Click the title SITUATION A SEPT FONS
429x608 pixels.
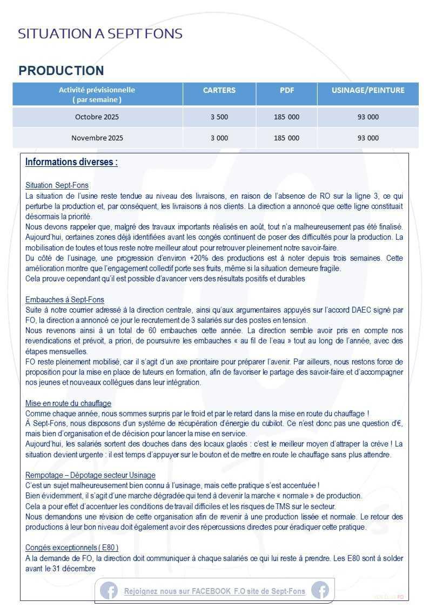100,34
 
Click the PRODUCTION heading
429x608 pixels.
61,71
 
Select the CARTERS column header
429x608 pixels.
219,91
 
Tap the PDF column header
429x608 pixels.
286,91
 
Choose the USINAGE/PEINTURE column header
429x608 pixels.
368,91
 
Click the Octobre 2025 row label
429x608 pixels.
97,117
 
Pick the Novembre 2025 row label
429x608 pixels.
97,138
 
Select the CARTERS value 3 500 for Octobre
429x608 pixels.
219,117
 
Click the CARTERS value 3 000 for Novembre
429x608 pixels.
219,138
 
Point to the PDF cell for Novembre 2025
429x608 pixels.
286,138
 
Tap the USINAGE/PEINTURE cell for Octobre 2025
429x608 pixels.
368,117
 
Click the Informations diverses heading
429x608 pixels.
71,162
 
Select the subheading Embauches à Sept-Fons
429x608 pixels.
65,300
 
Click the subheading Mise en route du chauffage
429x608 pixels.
69,403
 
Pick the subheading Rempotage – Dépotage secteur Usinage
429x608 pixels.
90,475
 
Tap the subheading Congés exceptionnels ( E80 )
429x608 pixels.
72,548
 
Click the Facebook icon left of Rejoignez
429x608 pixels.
109,591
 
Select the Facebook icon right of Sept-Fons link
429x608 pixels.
320,591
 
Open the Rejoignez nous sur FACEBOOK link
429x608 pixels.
215,591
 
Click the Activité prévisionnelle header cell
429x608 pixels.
97,94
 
